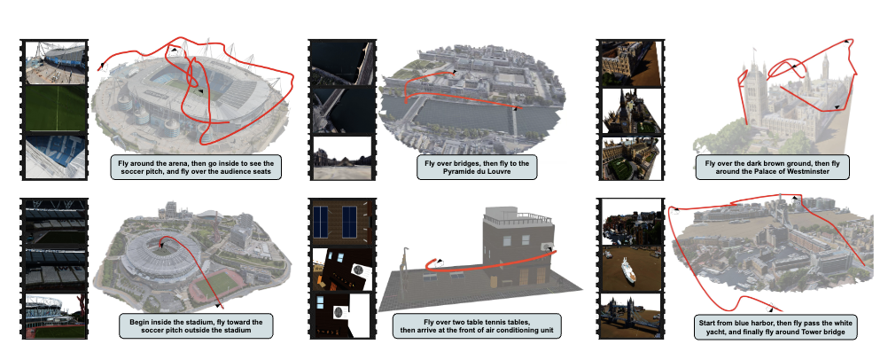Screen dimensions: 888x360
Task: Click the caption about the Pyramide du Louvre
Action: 477,168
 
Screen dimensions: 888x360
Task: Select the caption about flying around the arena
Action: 195,168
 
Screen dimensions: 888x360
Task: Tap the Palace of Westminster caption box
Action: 772,168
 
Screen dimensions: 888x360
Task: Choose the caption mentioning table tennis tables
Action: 477,326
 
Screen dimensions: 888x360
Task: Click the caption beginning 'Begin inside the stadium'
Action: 195,326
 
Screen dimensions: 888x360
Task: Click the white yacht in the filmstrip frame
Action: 628,270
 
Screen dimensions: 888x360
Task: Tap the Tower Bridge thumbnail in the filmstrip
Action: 631,315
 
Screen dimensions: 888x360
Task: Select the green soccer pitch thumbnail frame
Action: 56,108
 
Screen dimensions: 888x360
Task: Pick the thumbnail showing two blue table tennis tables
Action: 341,223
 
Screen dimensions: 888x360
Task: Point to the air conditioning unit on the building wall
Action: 546,246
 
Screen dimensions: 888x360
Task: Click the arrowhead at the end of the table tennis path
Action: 440,262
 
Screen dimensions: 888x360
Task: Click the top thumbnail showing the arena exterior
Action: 56,62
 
